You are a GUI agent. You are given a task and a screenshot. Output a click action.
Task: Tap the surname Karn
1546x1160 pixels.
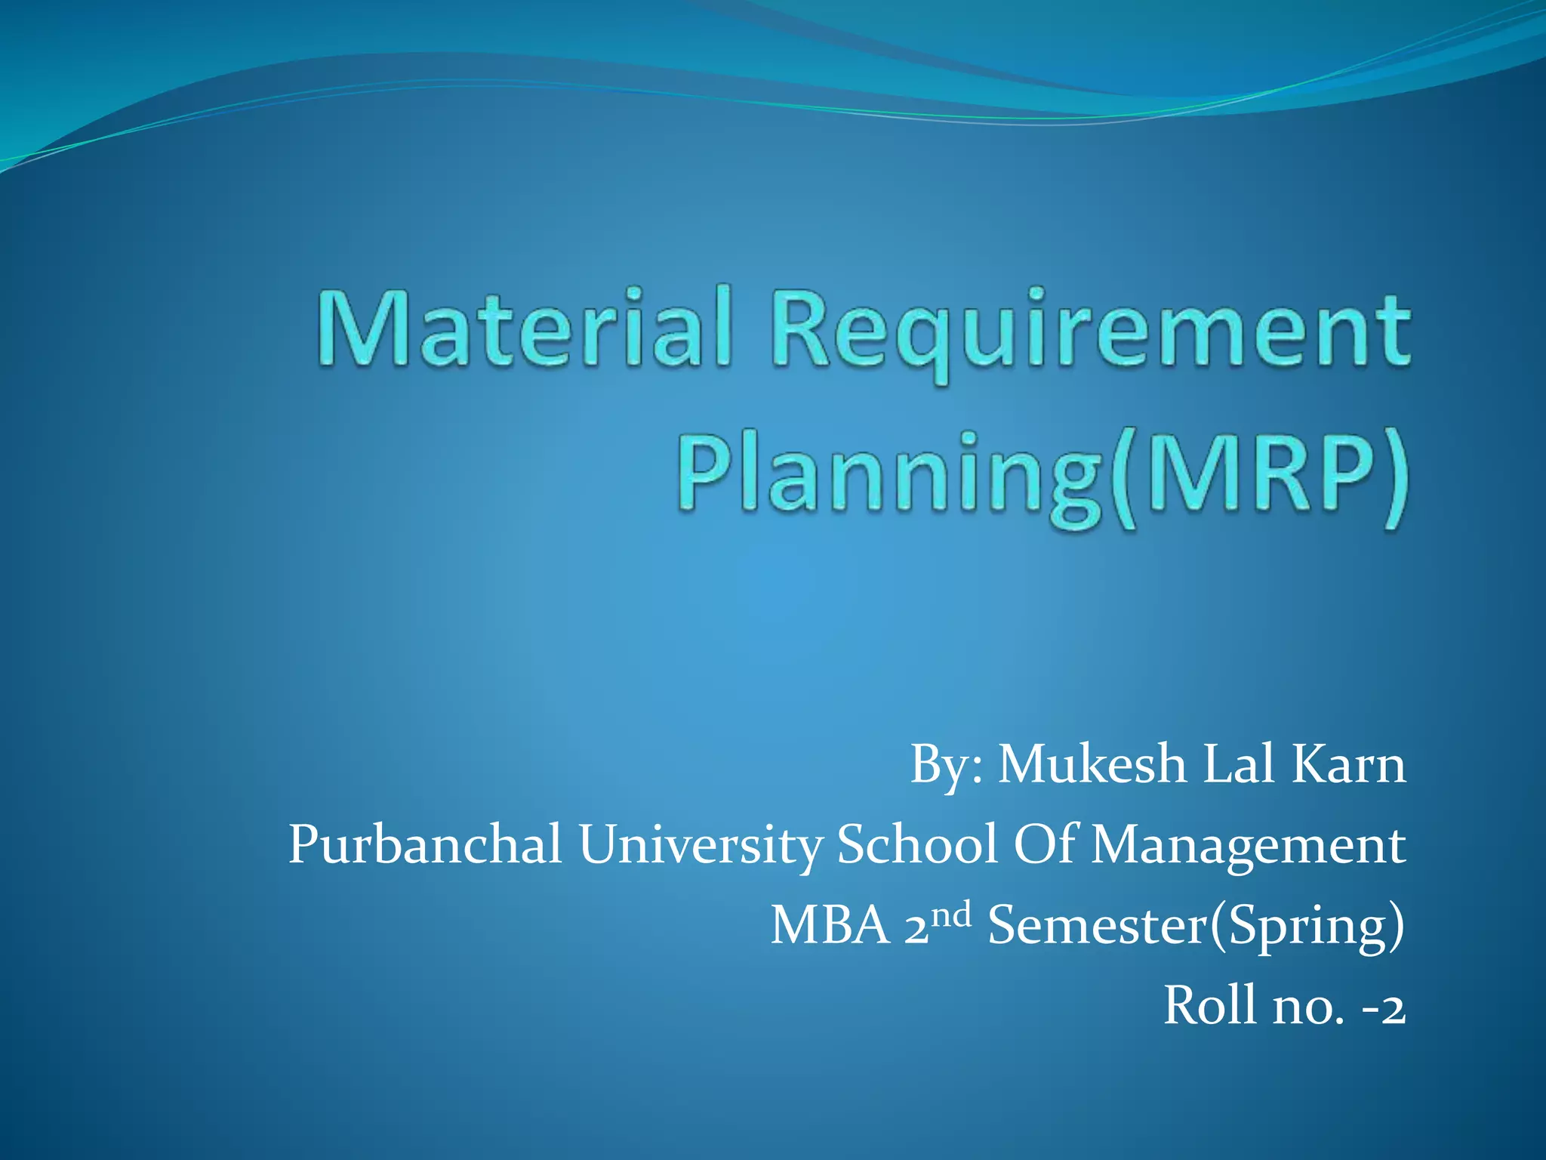[x=1349, y=764]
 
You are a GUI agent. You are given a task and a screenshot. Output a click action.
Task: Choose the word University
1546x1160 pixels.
[x=700, y=846]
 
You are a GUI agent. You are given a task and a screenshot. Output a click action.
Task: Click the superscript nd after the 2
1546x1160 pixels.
[x=951, y=915]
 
